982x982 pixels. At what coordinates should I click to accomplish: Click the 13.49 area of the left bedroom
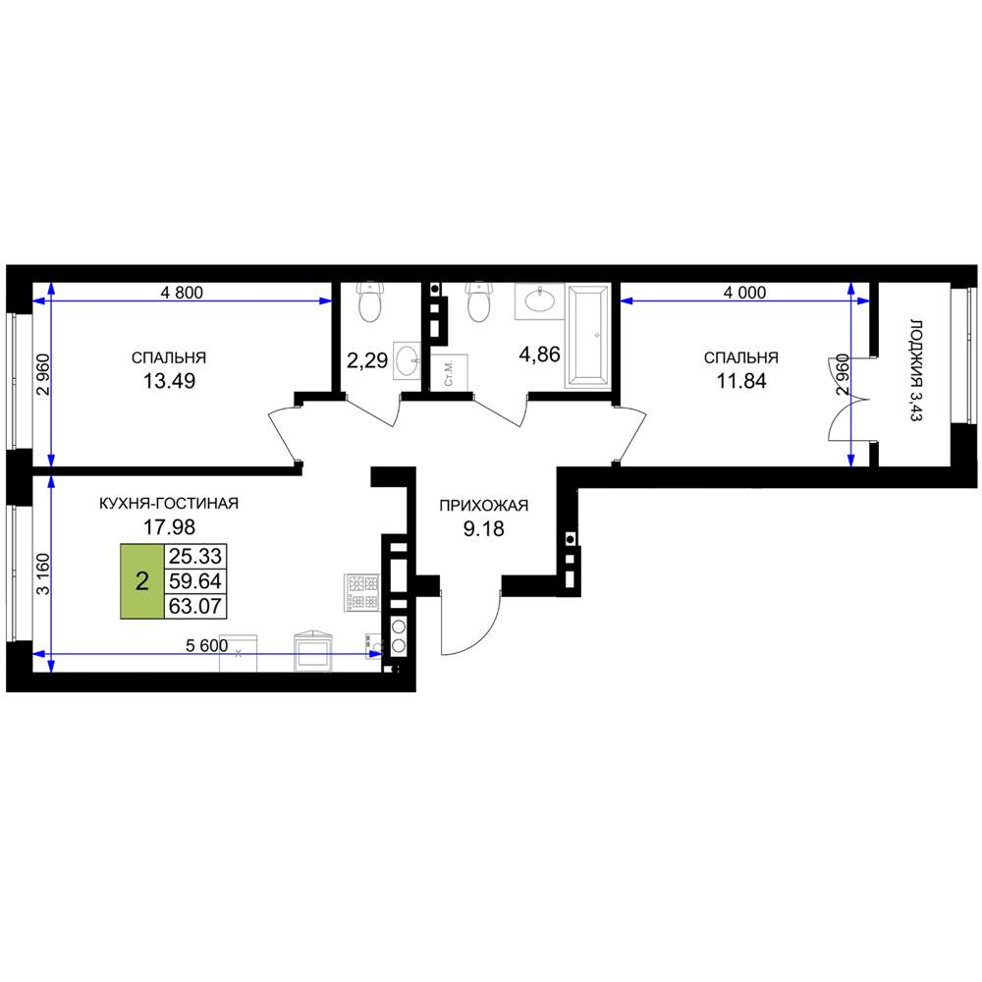[x=169, y=381]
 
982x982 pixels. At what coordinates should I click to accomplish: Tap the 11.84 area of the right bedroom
[x=740, y=381]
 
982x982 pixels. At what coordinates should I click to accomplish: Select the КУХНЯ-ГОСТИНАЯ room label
[x=169, y=504]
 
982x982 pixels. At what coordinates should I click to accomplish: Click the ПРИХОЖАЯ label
[x=483, y=506]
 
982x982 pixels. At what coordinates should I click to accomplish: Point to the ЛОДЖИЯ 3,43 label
[x=916, y=370]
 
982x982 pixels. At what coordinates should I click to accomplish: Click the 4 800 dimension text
[x=182, y=293]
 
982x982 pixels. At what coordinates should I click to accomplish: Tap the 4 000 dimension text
[x=744, y=293]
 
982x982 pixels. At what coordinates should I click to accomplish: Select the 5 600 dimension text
[x=206, y=646]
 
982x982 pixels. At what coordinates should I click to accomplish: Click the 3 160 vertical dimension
[x=42, y=573]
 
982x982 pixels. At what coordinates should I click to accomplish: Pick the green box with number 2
[x=142, y=581]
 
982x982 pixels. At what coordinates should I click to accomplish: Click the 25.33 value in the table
[x=195, y=556]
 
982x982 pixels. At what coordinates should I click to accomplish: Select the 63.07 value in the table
[x=195, y=606]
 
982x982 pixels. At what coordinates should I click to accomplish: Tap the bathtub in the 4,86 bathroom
[x=587, y=335]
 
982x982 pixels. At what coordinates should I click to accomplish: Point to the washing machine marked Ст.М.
[x=450, y=371]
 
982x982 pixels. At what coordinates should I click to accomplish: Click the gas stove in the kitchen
[x=362, y=592]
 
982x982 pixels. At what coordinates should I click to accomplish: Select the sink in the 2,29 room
[x=408, y=360]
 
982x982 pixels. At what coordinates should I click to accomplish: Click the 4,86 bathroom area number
[x=539, y=355]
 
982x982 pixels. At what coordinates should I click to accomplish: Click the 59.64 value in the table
[x=195, y=581]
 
